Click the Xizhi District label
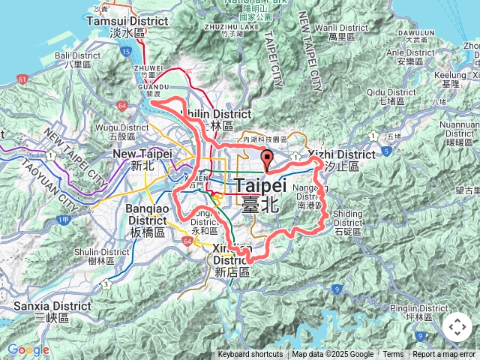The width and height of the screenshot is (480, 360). [341, 154]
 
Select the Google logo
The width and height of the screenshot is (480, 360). [28, 349]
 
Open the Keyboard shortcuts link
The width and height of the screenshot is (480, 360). [250, 355]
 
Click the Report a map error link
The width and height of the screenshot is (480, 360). [444, 355]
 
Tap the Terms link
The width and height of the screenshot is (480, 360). [393, 355]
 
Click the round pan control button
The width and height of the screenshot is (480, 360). [457, 327]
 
